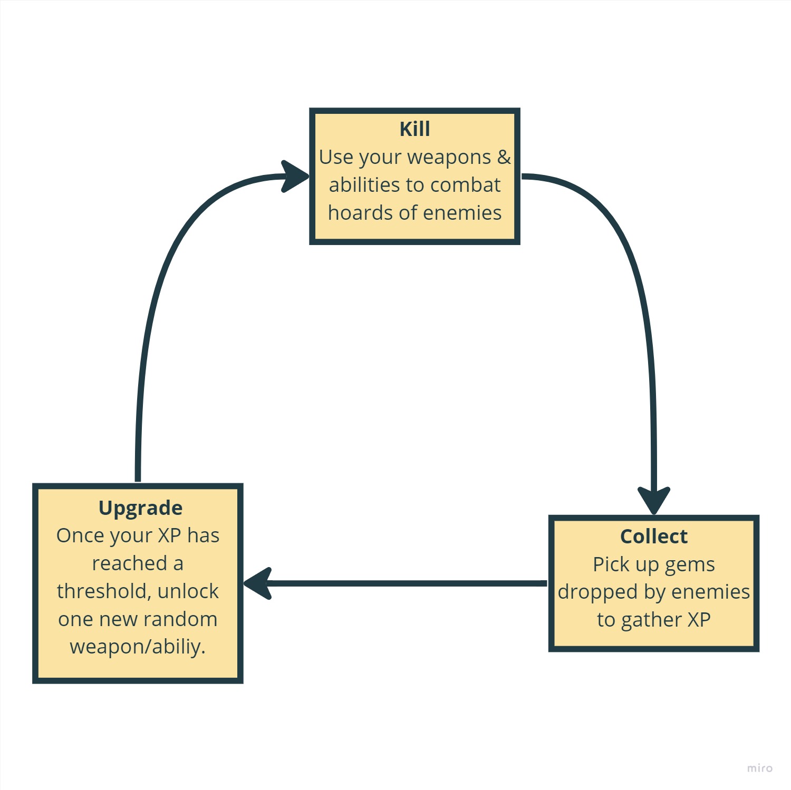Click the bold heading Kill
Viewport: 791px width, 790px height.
pos(414,129)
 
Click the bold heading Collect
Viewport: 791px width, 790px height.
pos(653,537)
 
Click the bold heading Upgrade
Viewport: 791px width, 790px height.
pos(140,508)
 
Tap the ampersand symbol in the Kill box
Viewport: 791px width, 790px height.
pos(504,157)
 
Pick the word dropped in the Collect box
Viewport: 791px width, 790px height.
pos(597,592)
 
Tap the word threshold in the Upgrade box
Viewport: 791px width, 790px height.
pos(103,591)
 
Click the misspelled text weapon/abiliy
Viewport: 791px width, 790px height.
pos(138,647)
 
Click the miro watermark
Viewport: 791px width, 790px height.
pos(759,768)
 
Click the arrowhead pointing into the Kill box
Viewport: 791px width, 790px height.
pos(295,176)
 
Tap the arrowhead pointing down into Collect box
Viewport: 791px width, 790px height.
pos(654,500)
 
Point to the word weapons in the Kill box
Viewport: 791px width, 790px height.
pos(449,157)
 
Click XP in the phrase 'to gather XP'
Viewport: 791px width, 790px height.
pos(698,620)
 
